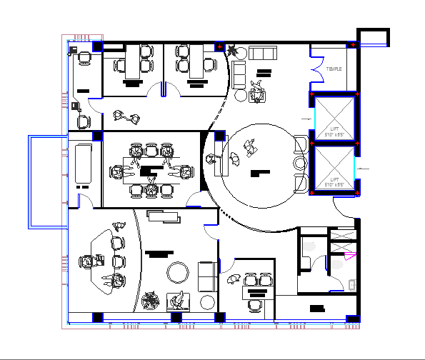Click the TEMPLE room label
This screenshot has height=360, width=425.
(x=334, y=69)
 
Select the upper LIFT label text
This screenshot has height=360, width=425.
(x=334, y=130)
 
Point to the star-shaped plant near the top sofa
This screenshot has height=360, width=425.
(x=233, y=50)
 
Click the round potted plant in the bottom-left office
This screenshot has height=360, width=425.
(x=151, y=301)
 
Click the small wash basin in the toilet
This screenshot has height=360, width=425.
(x=352, y=285)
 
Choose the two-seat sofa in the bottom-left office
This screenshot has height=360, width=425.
(x=207, y=276)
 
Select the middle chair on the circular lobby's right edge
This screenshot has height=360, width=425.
(x=299, y=164)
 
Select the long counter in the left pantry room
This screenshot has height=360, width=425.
(x=84, y=162)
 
